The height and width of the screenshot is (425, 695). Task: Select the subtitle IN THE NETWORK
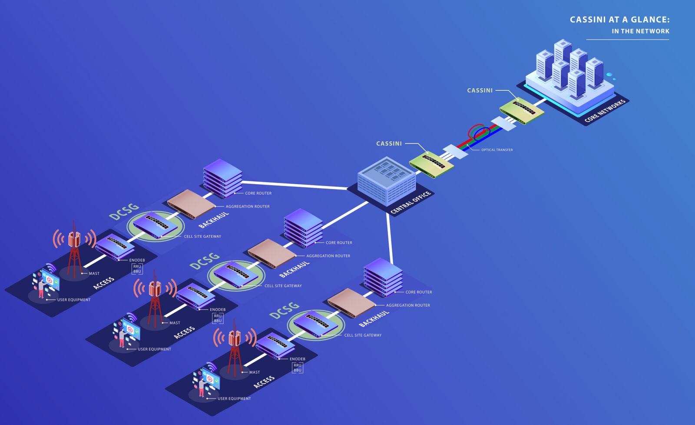tap(640, 31)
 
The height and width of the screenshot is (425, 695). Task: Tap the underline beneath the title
tap(627, 40)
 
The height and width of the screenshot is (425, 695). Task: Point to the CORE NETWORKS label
tap(605, 111)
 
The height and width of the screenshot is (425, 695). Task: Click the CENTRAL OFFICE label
tap(410, 203)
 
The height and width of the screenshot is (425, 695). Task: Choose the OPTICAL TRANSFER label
tap(497, 149)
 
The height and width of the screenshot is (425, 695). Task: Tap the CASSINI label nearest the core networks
tap(480, 90)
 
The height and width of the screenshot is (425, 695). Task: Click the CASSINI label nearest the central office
tap(389, 143)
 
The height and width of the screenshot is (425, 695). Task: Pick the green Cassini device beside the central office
tap(432, 165)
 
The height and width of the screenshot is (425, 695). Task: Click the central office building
tap(387, 181)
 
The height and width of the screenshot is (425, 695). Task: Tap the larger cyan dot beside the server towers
tap(609, 74)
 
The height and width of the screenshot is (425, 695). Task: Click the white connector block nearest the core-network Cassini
tap(503, 123)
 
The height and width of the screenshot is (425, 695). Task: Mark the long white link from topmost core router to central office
tap(295, 185)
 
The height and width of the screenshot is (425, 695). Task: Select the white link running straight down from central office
tap(389, 239)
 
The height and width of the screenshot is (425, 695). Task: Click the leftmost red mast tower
tap(74, 249)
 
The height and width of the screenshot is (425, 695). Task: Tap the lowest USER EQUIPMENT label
tap(234, 398)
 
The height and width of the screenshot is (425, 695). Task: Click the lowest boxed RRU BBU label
tap(298, 368)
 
